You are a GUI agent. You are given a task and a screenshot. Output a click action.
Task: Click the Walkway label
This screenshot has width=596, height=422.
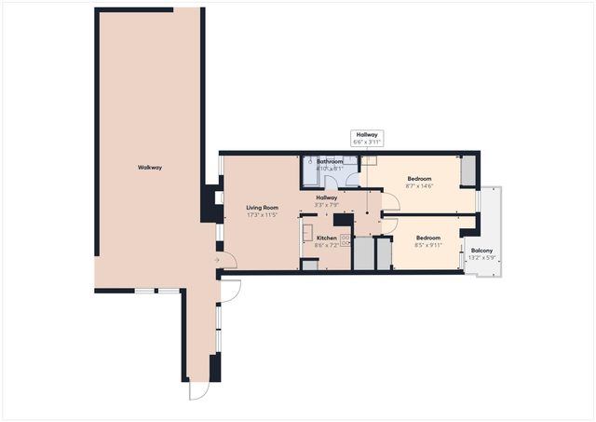150,167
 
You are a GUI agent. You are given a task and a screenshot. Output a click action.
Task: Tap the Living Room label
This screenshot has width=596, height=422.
263,208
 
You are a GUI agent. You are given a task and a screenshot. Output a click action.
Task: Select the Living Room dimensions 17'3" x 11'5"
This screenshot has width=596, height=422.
263,215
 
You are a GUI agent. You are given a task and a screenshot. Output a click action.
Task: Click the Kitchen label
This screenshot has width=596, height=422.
326,238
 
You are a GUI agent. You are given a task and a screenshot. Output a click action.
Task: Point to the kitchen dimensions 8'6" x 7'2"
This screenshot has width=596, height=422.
326,246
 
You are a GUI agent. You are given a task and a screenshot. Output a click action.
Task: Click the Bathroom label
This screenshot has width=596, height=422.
330,161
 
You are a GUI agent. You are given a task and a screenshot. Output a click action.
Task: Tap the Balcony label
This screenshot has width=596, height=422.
481,251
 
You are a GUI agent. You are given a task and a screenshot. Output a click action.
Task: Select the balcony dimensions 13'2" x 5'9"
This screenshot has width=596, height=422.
481,258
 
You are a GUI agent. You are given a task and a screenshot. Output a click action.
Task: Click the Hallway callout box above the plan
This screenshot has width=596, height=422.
367,139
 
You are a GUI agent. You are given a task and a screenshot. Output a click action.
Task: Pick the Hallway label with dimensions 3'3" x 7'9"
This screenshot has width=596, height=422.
326,201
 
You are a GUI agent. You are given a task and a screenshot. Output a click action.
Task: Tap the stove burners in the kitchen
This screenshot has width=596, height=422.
346,240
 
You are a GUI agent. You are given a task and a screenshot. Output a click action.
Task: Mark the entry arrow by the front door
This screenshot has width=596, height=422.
218,259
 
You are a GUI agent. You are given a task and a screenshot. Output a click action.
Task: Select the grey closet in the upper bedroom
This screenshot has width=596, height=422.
467,170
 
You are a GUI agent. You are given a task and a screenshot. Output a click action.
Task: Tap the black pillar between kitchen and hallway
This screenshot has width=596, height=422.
343,221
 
